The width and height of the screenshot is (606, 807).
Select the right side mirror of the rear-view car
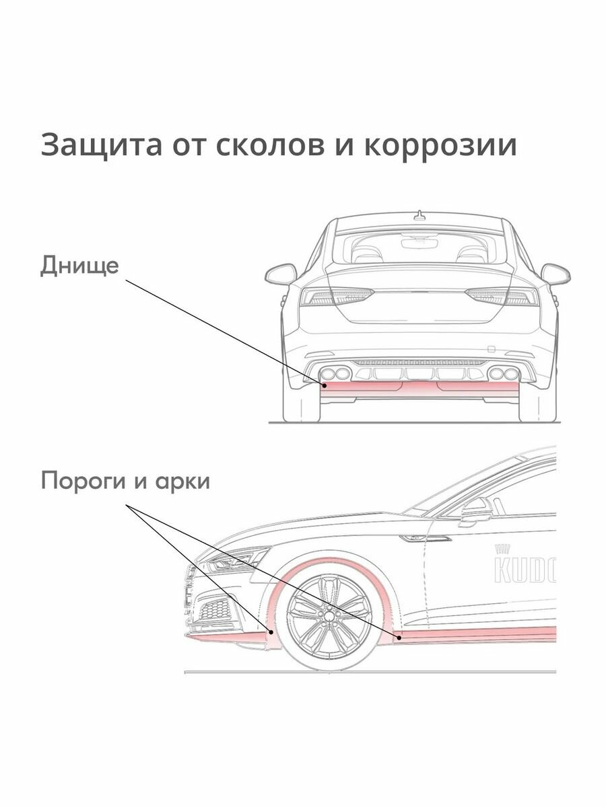tap(555, 274)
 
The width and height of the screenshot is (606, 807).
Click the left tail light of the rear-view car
tap(337, 296)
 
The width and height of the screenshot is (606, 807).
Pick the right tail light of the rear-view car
tap(502, 296)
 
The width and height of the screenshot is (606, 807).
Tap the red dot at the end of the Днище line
tap(324, 386)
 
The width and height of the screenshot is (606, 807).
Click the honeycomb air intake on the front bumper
tap(217, 609)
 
